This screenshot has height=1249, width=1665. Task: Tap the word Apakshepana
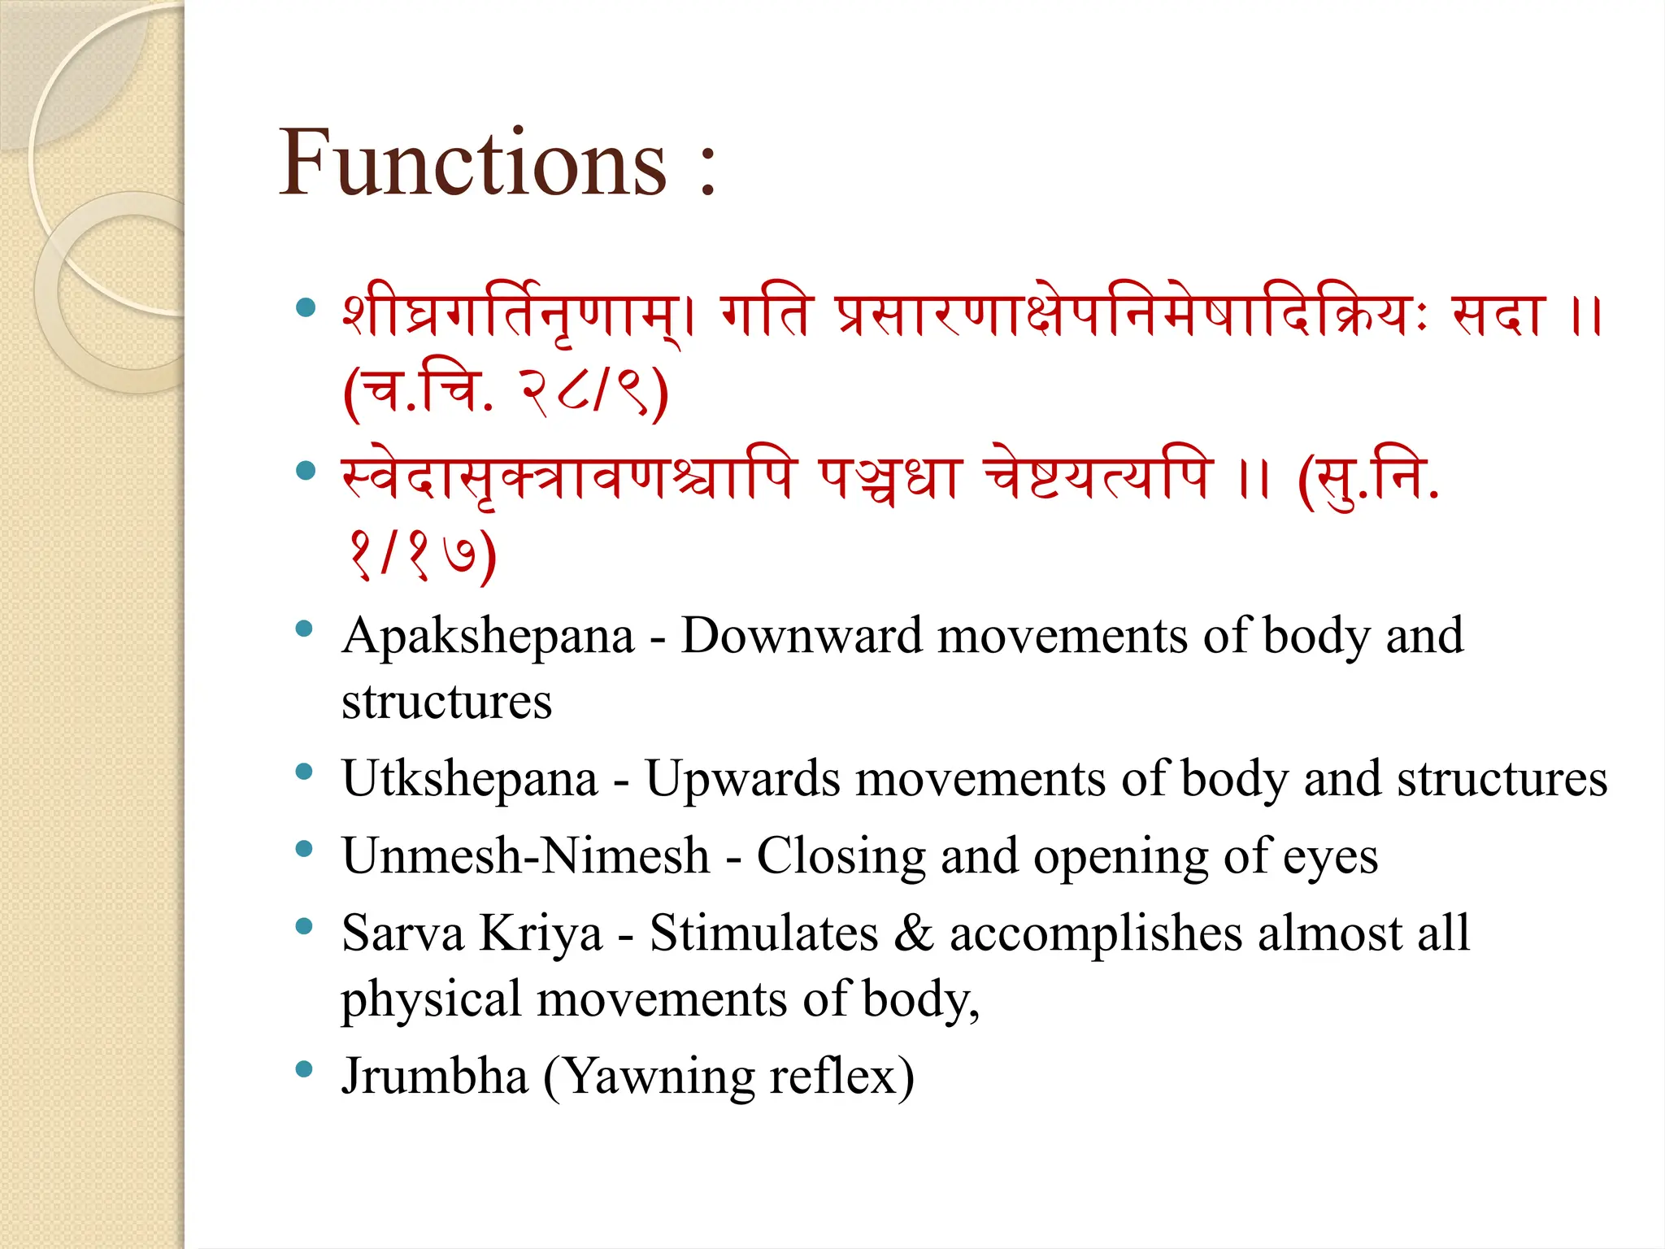[488, 638]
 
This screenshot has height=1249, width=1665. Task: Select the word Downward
[801, 636]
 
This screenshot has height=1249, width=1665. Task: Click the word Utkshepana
[470, 779]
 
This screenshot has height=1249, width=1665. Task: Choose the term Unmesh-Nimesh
[526, 856]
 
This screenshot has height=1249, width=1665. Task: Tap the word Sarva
[402, 933]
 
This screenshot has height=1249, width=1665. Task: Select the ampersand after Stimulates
[914, 933]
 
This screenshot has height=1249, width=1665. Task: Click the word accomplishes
[1096, 934]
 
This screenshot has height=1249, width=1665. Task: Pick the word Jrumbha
[435, 1076]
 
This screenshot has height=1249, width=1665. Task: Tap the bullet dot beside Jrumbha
[305, 1069]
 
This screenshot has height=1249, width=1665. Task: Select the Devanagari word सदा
[1498, 316]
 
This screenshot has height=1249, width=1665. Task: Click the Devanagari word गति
[766, 316]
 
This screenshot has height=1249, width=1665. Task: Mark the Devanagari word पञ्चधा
[889, 477]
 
